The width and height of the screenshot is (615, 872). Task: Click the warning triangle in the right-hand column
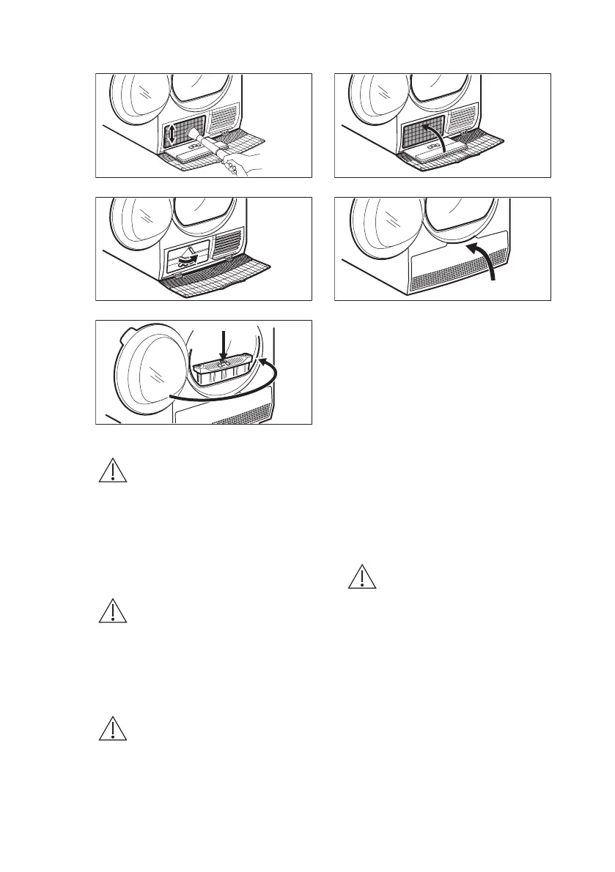pos(361,578)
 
